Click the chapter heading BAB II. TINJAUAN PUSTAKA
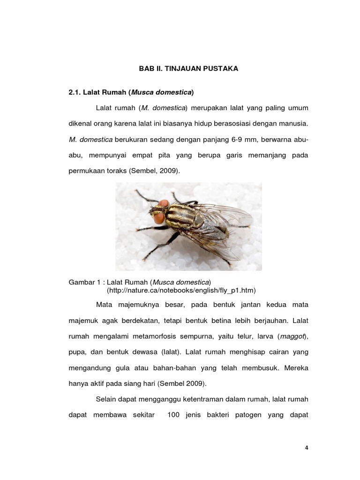pos(188,68)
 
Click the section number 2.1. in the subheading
pos(76,92)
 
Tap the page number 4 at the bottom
pos(307,448)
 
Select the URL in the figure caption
pos(181,290)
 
